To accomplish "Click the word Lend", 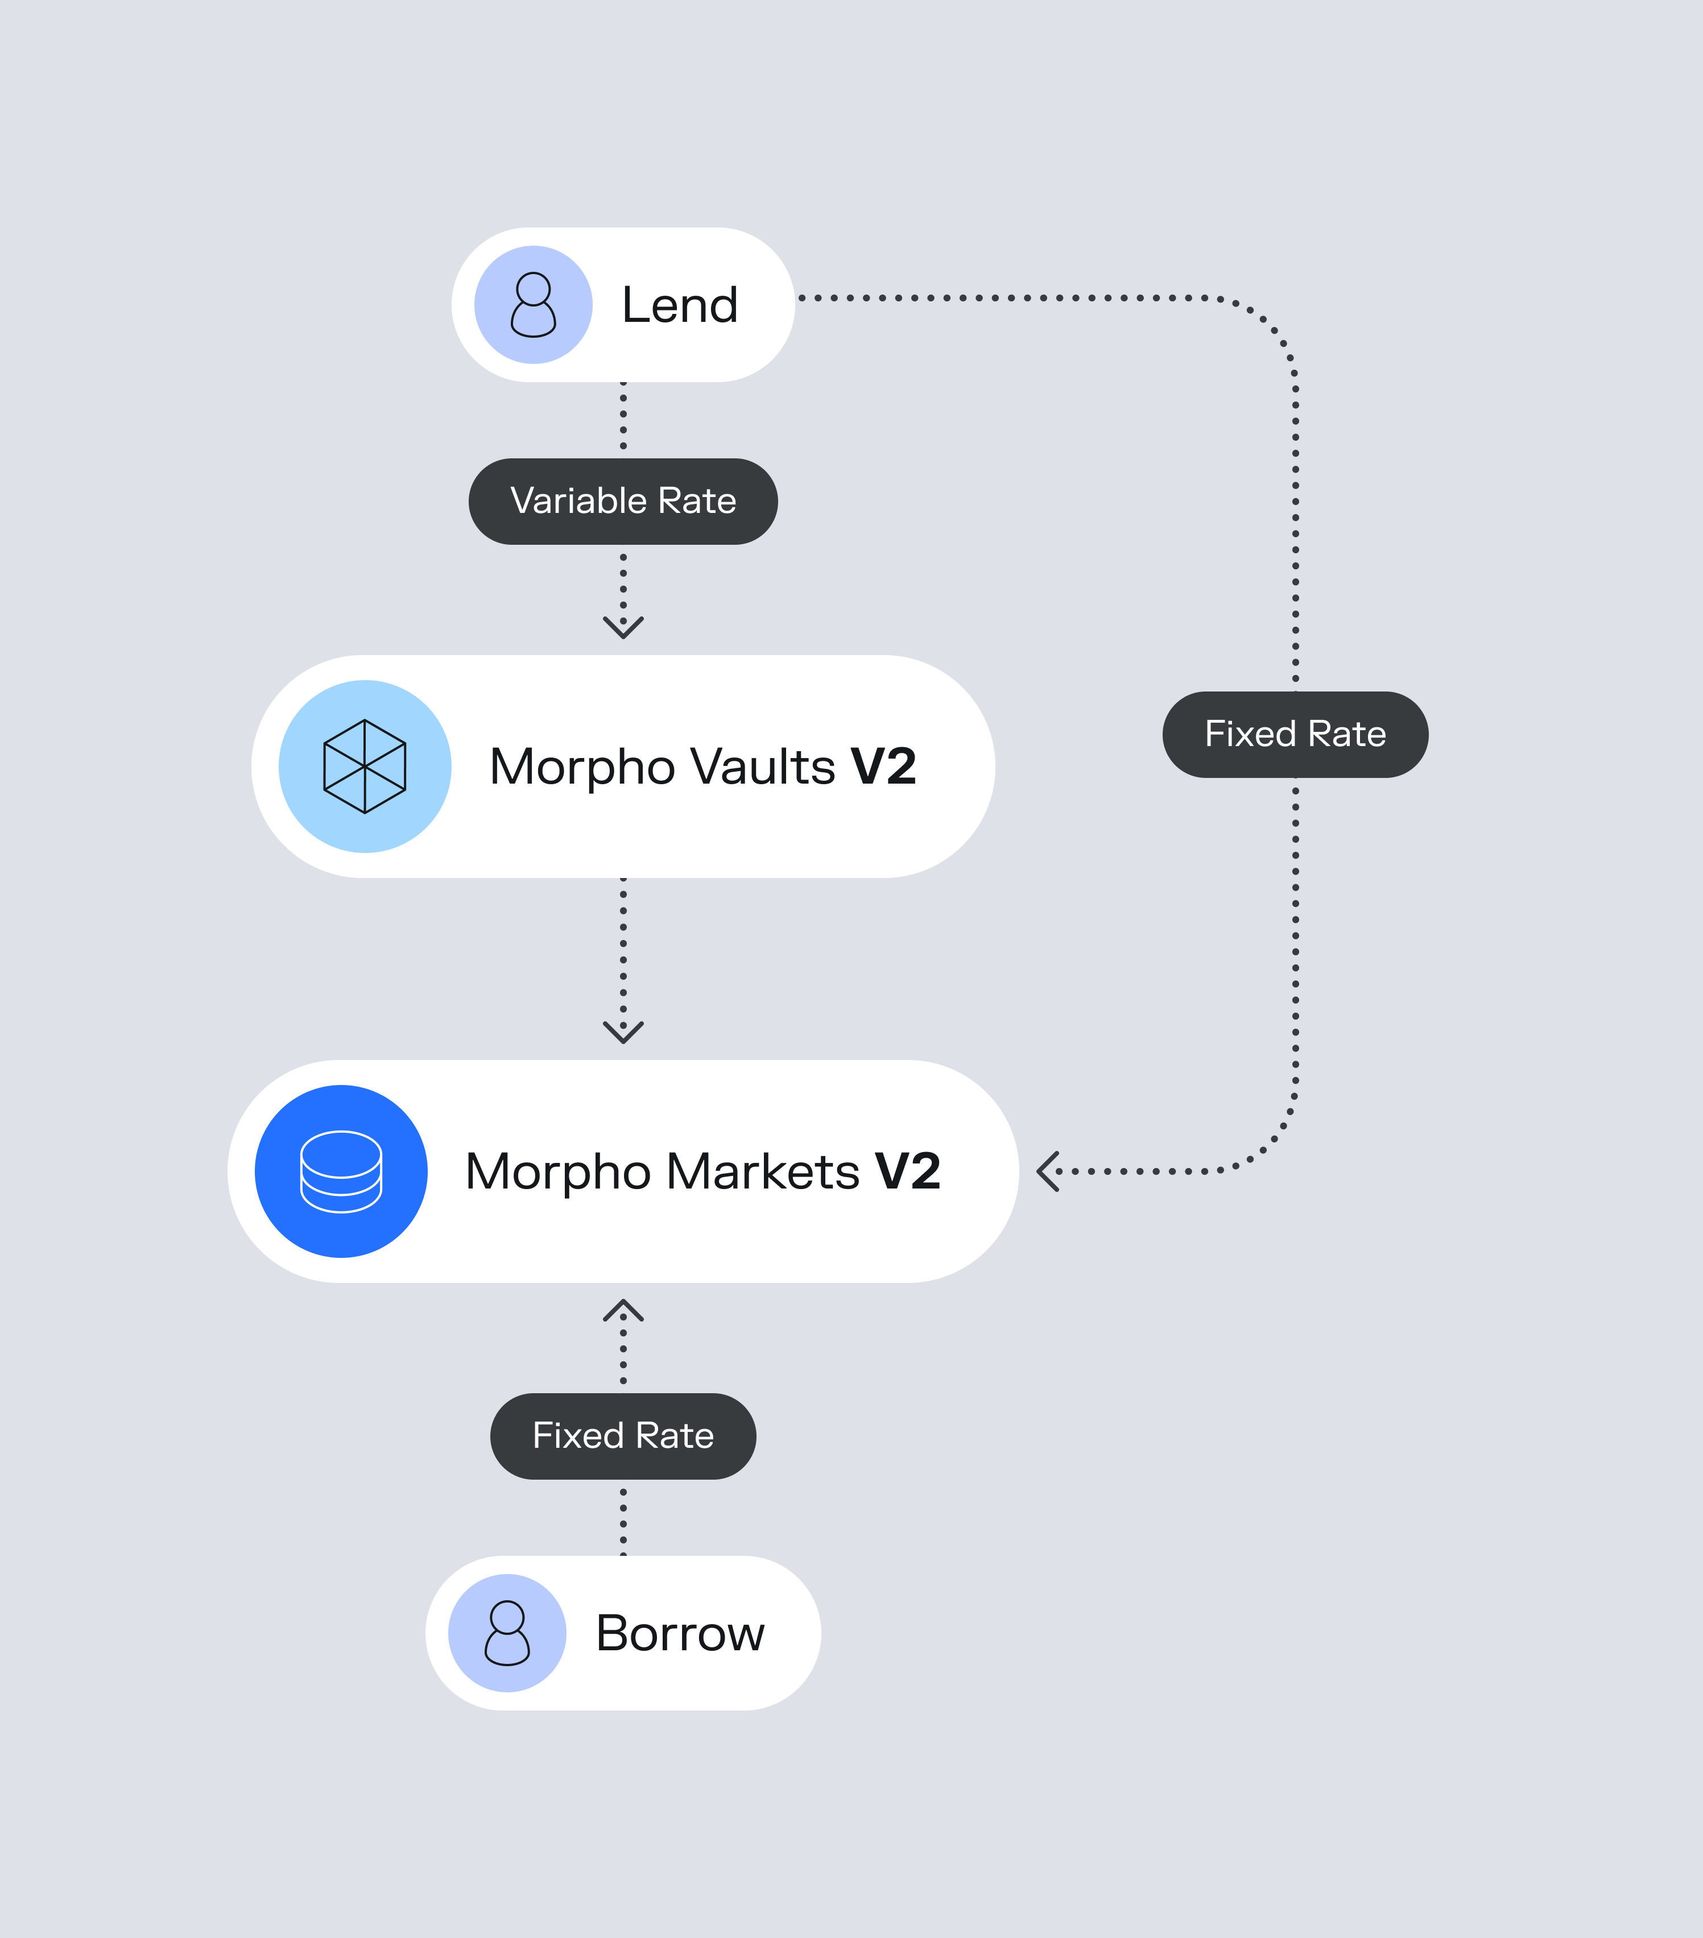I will [x=680, y=305].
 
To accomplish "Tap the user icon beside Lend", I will [x=534, y=305].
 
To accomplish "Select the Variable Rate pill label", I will [x=623, y=502].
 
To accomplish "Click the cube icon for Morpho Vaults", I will [x=365, y=766].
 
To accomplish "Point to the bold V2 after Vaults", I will [x=884, y=766].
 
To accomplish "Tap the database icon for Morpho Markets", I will [x=341, y=1172].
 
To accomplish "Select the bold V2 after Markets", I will [x=907, y=1172].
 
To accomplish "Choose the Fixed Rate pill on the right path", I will [x=1295, y=735].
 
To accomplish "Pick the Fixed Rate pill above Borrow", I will [x=623, y=1436].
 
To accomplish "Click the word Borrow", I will [x=680, y=1634].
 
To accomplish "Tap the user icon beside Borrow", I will [x=507, y=1634].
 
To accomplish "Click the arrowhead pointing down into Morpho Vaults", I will [x=623, y=628].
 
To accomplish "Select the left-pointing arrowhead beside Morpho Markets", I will [x=1047, y=1172].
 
